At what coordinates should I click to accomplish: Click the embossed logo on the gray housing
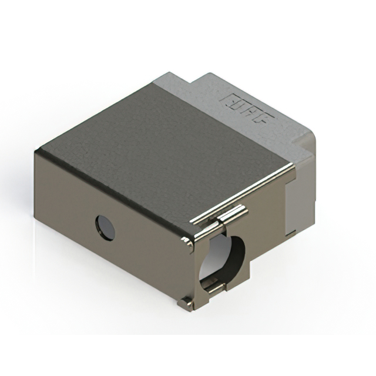(247, 108)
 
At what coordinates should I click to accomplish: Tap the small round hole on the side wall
(105, 228)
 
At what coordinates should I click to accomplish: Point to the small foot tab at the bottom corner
(185, 303)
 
